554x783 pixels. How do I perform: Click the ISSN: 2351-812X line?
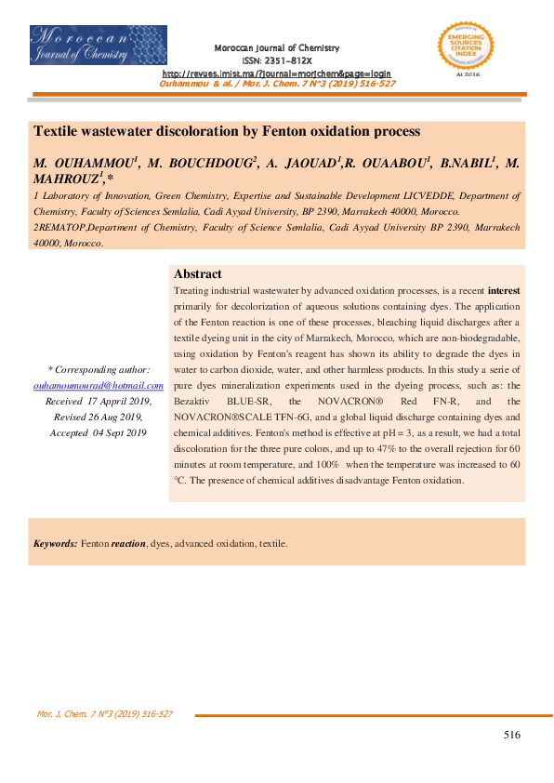point(277,60)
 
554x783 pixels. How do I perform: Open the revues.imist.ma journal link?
point(277,73)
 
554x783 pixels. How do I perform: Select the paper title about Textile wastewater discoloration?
point(227,132)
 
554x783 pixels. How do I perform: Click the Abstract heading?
point(197,274)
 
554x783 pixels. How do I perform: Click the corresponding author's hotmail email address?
point(98,384)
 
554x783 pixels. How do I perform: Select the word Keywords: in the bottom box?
point(55,542)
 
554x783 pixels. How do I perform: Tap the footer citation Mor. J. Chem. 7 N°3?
point(104,714)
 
